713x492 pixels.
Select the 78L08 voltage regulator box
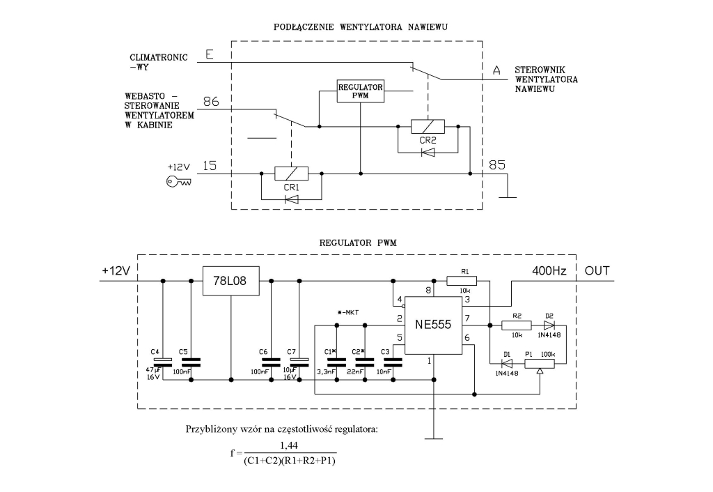[x=229, y=281]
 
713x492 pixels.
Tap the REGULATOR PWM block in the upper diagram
[x=361, y=91]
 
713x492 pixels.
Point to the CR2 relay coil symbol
[x=428, y=127]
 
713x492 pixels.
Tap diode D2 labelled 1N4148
[x=549, y=325]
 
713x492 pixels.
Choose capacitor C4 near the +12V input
[x=162, y=361]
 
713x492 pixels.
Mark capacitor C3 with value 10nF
[x=393, y=362]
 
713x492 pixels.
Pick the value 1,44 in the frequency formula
[x=288, y=445]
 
